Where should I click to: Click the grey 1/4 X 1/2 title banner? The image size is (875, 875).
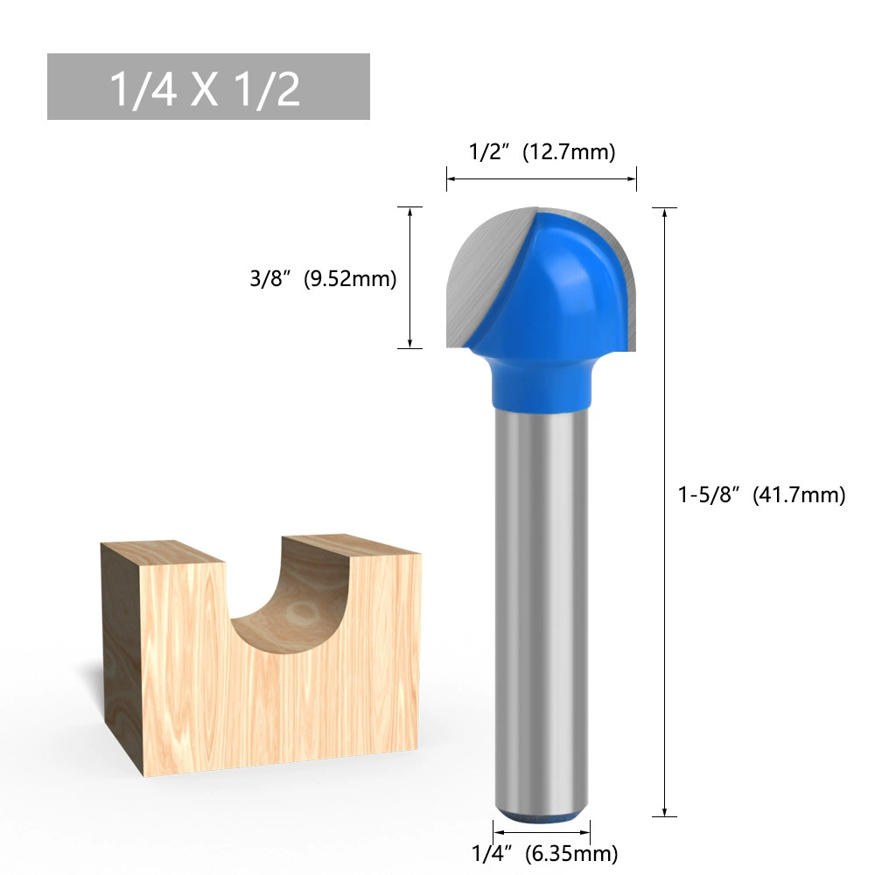(208, 87)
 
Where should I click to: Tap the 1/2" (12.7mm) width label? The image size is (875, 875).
(542, 151)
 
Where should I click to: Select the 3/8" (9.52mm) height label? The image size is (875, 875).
(323, 278)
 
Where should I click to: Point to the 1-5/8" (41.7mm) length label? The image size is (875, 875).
(762, 495)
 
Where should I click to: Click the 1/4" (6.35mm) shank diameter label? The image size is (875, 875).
(544, 853)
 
